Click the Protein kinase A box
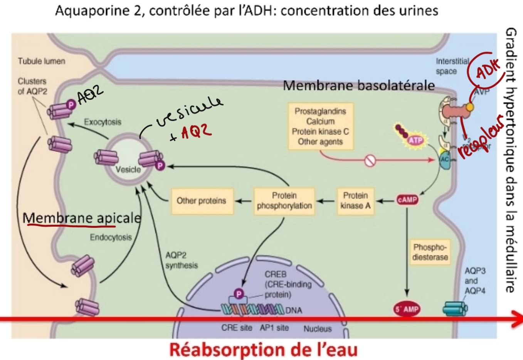click(355, 201)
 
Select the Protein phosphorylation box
click(284, 201)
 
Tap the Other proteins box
click(202, 201)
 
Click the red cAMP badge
click(407, 200)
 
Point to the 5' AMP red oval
click(407, 309)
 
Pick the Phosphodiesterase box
click(430, 252)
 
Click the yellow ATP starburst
click(415, 140)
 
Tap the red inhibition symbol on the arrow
click(370, 160)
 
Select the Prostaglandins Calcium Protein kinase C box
click(320, 126)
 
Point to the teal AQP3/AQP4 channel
click(455, 309)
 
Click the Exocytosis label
click(103, 122)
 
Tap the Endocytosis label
click(111, 237)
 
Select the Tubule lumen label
click(41, 61)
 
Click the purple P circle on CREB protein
click(239, 294)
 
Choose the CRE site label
click(237, 328)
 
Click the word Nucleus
click(318, 329)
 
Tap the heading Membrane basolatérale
click(358, 85)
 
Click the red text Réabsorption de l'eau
click(264, 350)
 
